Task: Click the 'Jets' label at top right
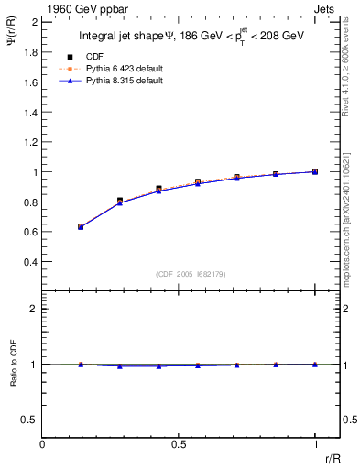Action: tap(326, 8)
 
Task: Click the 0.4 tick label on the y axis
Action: tap(32, 262)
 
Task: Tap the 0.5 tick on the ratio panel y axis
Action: tap(32, 420)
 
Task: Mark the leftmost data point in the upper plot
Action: tap(82, 226)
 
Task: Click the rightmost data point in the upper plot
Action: tap(315, 171)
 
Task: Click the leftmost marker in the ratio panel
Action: tap(82, 365)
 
